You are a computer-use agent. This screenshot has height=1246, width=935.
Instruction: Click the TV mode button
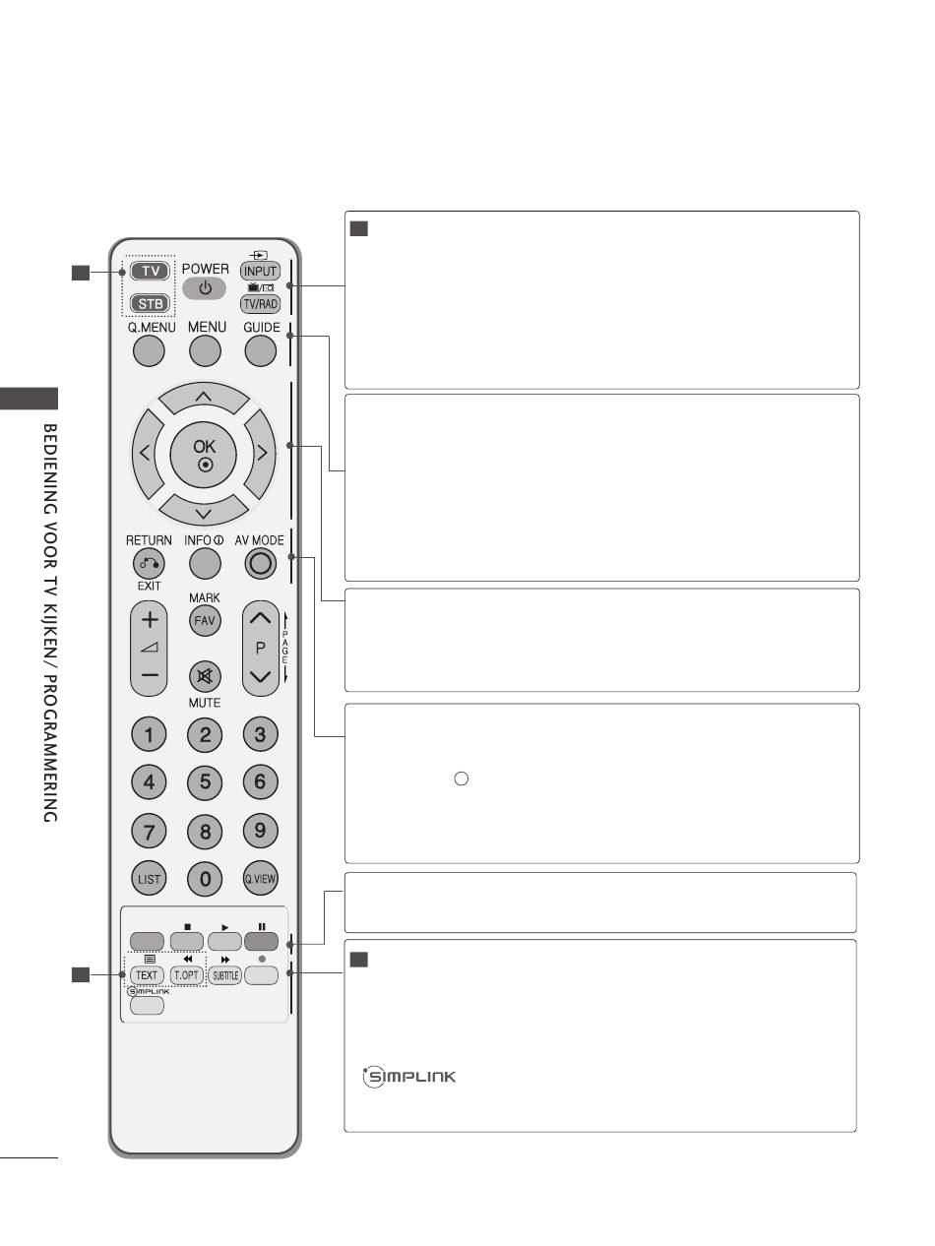tap(150, 271)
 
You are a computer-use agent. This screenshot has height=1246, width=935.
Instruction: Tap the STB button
tap(150, 304)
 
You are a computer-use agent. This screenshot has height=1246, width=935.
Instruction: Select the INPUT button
tap(260, 272)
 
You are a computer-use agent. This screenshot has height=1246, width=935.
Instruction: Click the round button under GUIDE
tap(261, 350)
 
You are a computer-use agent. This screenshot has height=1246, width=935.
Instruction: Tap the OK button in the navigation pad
tap(204, 454)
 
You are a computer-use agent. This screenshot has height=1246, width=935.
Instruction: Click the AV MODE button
tap(261, 564)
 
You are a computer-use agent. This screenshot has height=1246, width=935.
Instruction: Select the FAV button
tap(205, 620)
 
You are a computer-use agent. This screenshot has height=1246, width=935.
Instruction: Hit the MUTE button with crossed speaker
tap(205, 676)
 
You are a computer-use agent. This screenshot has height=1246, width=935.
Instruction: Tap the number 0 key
tap(205, 879)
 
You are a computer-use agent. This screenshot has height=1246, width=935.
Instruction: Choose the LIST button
tap(149, 879)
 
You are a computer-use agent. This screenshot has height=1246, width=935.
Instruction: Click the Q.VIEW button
tap(261, 879)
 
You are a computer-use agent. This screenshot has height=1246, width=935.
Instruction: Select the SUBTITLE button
tap(225, 975)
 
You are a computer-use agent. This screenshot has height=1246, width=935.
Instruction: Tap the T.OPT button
tap(187, 975)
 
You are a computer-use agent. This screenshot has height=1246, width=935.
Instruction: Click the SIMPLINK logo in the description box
tap(409, 1077)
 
